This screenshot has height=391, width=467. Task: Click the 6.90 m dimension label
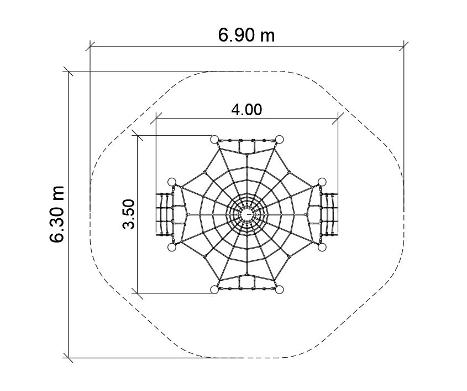pyautogui.click(x=246, y=35)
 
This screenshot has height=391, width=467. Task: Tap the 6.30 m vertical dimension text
pyautogui.click(x=56, y=214)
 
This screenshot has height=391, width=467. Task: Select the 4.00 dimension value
pyautogui.click(x=246, y=110)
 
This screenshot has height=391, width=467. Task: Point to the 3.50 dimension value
pyautogui.click(x=129, y=214)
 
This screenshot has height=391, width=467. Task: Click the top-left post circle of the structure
pyautogui.click(x=214, y=139)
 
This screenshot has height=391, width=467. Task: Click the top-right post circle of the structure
pyautogui.click(x=279, y=139)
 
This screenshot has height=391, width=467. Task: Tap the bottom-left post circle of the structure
pyautogui.click(x=214, y=290)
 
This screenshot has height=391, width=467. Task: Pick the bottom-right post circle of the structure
pyautogui.click(x=279, y=290)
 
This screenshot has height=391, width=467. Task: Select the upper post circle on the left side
pyautogui.click(x=172, y=182)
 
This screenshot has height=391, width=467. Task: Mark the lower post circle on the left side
pyautogui.click(x=172, y=247)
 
